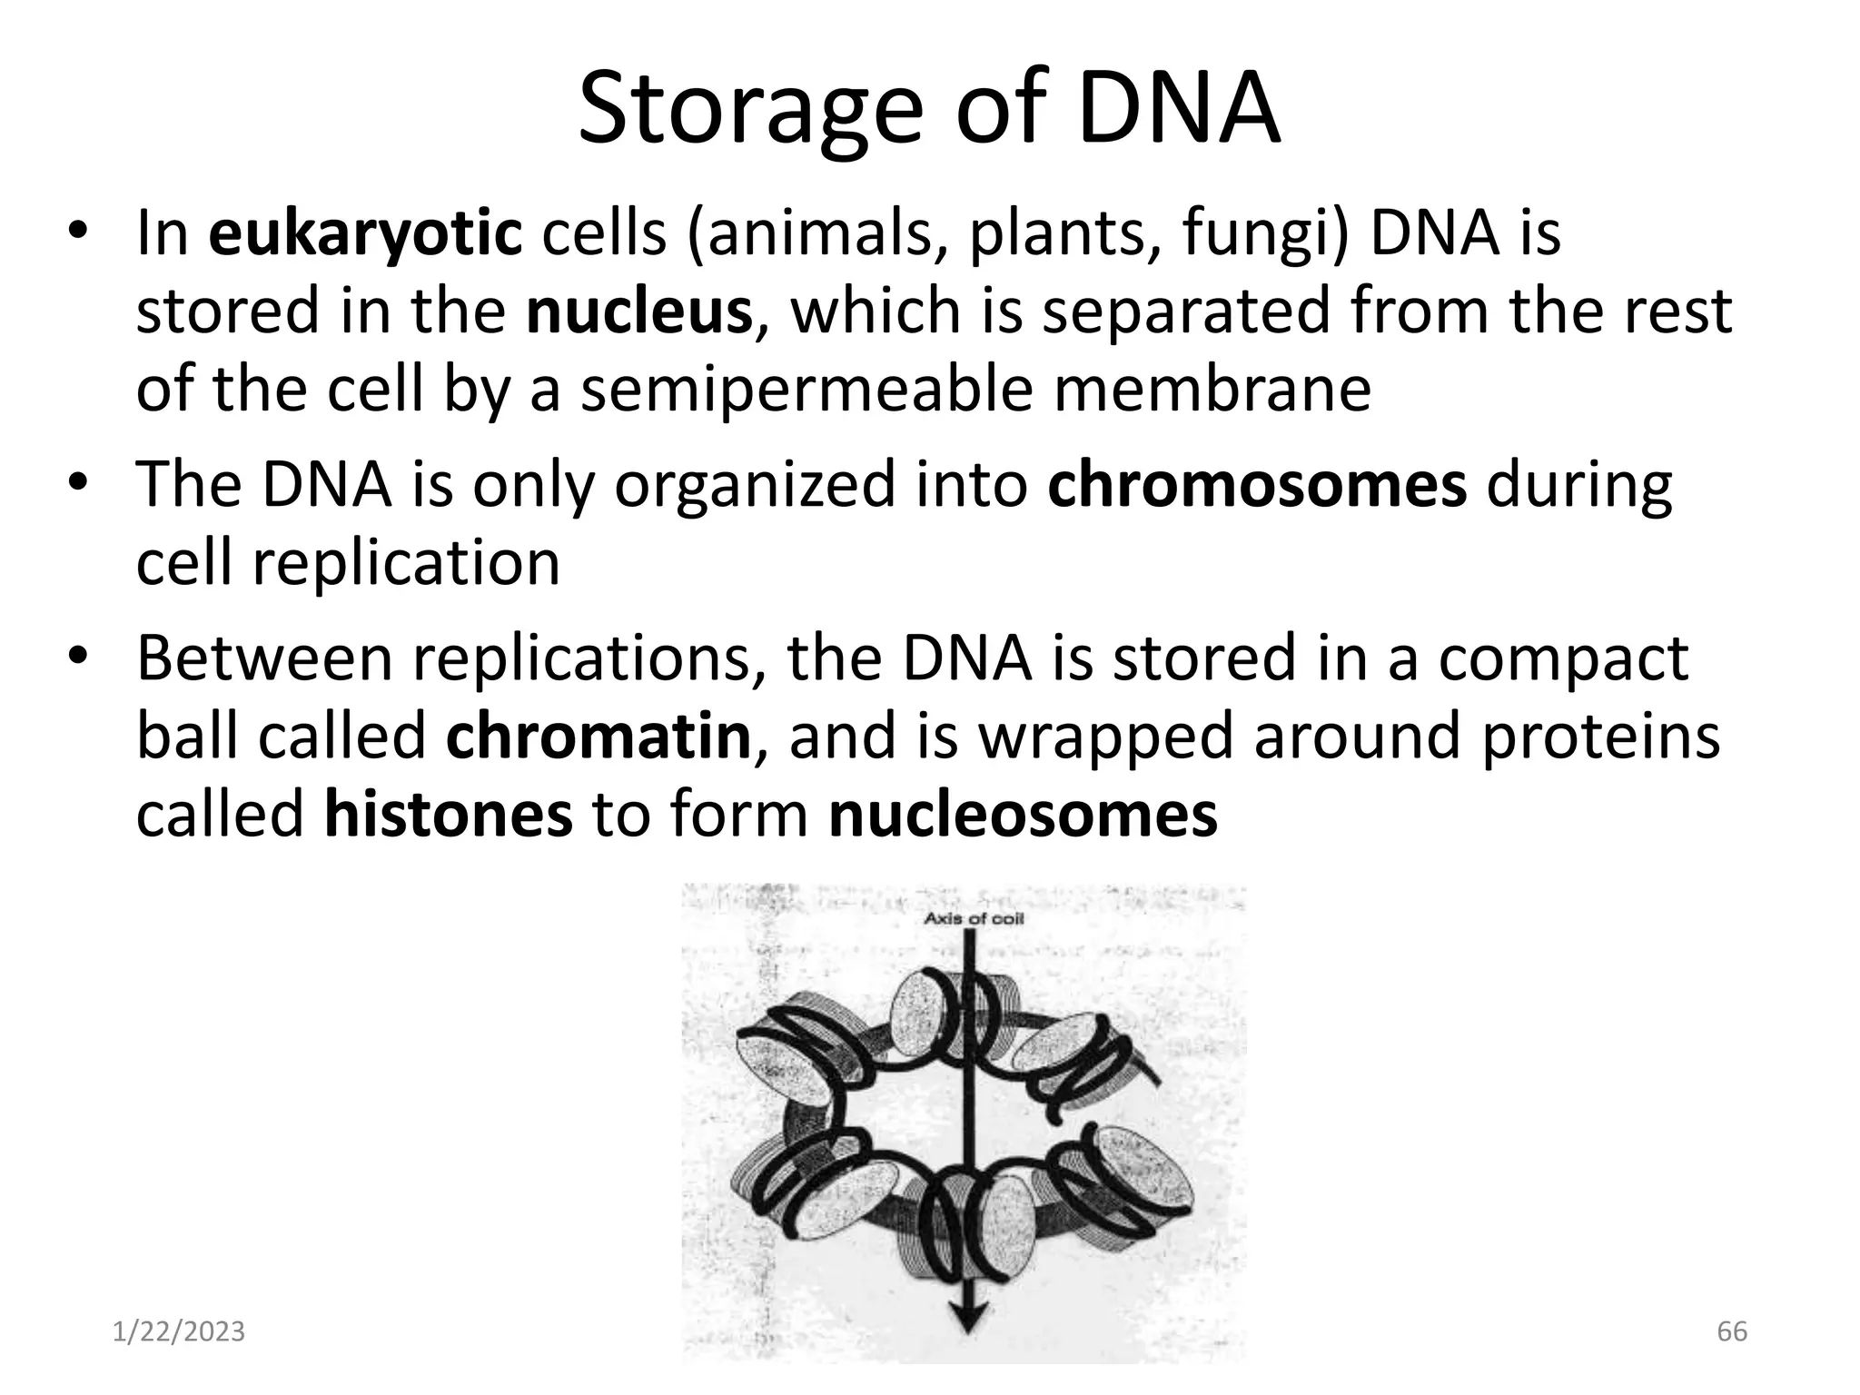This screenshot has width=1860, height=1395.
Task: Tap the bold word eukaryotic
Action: click(365, 232)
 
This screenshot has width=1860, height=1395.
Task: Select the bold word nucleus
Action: click(639, 311)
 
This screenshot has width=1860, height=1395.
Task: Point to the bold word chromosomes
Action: click(1257, 485)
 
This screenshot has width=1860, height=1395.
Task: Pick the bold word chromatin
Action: click(599, 736)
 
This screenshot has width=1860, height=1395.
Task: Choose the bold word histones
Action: click(449, 814)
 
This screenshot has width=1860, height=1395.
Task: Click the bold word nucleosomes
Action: click(1023, 814)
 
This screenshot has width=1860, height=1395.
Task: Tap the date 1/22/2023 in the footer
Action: click(179, 1331)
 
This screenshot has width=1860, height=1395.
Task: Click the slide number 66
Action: click(1732, 1331)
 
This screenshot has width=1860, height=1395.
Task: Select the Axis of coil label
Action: click(974, 919)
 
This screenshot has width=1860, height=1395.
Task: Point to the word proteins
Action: click(1600, 736)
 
